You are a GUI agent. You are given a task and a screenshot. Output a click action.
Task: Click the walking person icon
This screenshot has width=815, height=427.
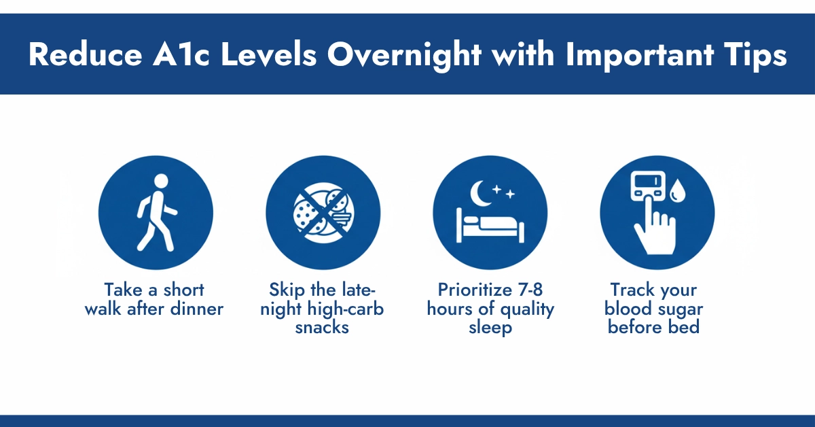pyautogui.click(x=156, y=211)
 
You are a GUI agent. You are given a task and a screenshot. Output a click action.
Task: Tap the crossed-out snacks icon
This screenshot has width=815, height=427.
pyautogui.click(x=323, y=212)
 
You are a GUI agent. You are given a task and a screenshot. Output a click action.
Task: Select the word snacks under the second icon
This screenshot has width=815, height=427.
pyautogui.click(x=323, y=327)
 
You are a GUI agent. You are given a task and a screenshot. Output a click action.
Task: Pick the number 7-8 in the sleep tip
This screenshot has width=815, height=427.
pyautogui.click(x=528, y=290)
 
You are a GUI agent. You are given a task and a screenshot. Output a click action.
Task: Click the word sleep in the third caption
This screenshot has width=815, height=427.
pyautogui.click(x=489, y=327)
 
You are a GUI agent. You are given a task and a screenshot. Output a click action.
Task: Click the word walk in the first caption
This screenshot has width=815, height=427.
pyautogui.click(x=120, y=309)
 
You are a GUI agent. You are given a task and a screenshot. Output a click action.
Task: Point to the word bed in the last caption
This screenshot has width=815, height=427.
pyautogui.click(x=684, y=327)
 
